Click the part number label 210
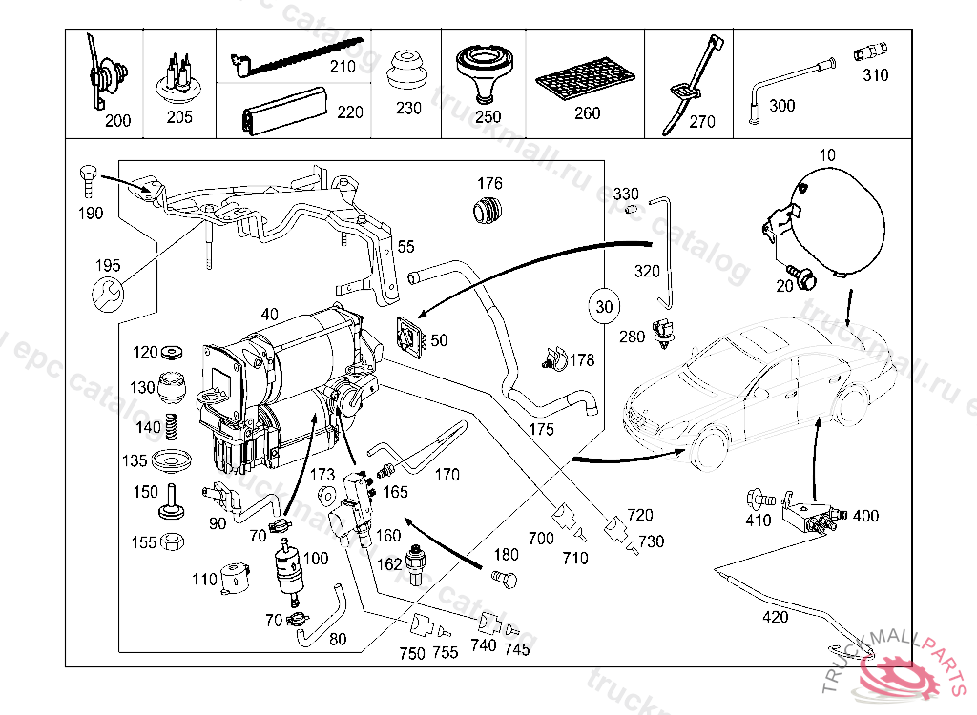[342, 67]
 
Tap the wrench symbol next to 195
[107, 295]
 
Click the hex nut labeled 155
[172, 542]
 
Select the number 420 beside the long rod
[776, 618]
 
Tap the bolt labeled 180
[503, 577]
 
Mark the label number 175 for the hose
[541, 429]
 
